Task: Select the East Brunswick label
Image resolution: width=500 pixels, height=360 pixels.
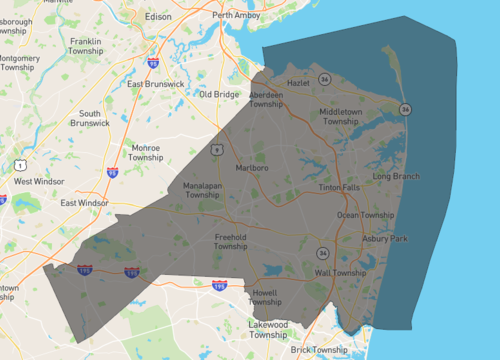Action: point(156,84)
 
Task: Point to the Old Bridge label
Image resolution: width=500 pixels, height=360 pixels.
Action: point(218,94)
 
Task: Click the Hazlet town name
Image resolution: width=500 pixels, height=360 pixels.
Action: point(298,84)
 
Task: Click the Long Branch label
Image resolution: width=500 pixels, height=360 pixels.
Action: point(396,177)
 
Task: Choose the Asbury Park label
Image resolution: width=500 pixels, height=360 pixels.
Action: point(384,239)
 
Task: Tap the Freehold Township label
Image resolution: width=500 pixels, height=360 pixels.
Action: point(230,241)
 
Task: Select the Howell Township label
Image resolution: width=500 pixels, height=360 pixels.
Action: point(264,297)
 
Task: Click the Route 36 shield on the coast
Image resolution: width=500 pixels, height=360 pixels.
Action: point(405,109)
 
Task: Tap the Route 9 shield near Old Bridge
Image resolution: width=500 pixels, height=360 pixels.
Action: point(216,149)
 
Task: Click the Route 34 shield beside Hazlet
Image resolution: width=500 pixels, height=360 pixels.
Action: point(325,78)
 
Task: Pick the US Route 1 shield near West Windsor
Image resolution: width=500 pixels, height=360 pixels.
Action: point(19,163)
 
